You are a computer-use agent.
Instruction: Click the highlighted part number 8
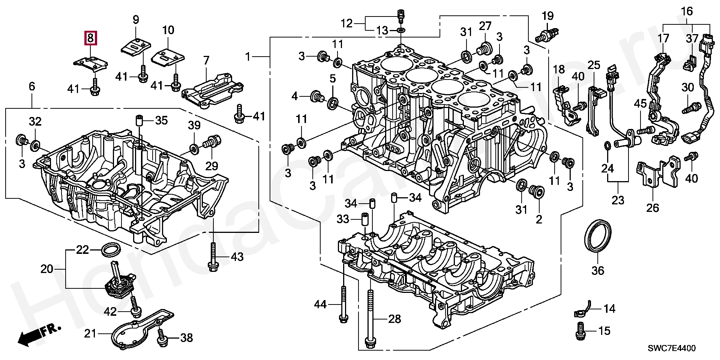[x=90, y=38]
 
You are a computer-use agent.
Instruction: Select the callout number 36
[x=598, y=270]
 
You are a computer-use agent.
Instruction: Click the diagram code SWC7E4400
[x=672, y=348]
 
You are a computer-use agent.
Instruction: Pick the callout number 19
[x=547, y=16]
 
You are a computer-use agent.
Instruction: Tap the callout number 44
[x=320, y=304]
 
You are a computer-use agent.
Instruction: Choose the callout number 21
[x=90, y=333]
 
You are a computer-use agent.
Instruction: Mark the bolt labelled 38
[x=162, y=337]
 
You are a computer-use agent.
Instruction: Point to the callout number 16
[x=687, y=12]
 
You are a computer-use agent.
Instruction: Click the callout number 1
[x=247, y=57]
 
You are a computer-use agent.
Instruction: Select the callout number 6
[x=32, y=87]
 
